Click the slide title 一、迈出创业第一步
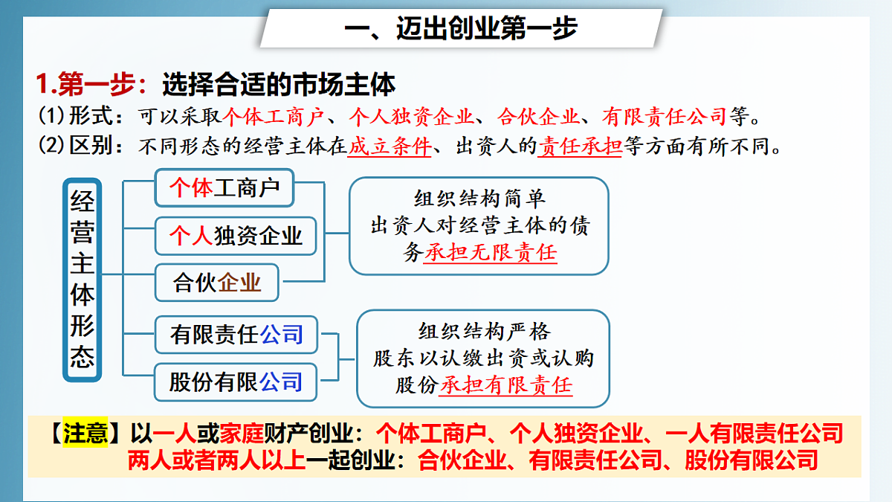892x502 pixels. [x=461, y=29]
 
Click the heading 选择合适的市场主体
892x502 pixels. [x=278, y=85]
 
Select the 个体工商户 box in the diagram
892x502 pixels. [x=224, y=188]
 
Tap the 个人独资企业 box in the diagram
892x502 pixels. [x=236, y=236]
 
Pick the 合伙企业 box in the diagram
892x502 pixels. [x=217, y=283]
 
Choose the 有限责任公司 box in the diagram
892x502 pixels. [x=236, y=335]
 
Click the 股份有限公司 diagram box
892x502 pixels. [x=236, y=382]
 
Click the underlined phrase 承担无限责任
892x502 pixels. [x=491, y=253]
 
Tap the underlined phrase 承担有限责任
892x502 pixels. [x=506, y=385]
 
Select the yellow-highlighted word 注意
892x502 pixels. [x=85, y=434]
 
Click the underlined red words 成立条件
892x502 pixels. [x=390, y=146]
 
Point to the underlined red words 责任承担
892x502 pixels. [x=581, y=146]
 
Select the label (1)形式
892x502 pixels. [x=80, y=116]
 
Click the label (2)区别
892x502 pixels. [x=80, y=146]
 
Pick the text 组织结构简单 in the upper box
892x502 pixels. [x=479, y=199]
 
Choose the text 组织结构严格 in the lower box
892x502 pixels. [x=484, y=331]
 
